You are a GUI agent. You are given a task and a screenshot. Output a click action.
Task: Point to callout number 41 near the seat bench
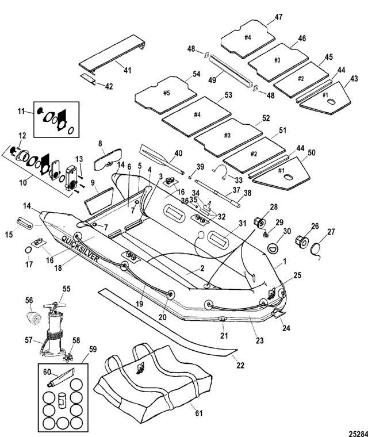[127, 70]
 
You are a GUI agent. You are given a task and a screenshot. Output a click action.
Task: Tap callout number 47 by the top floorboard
[278, 17]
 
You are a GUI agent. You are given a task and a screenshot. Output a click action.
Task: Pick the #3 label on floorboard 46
[277, 59]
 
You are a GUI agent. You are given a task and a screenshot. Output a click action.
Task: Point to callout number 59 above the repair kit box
[91, 348]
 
